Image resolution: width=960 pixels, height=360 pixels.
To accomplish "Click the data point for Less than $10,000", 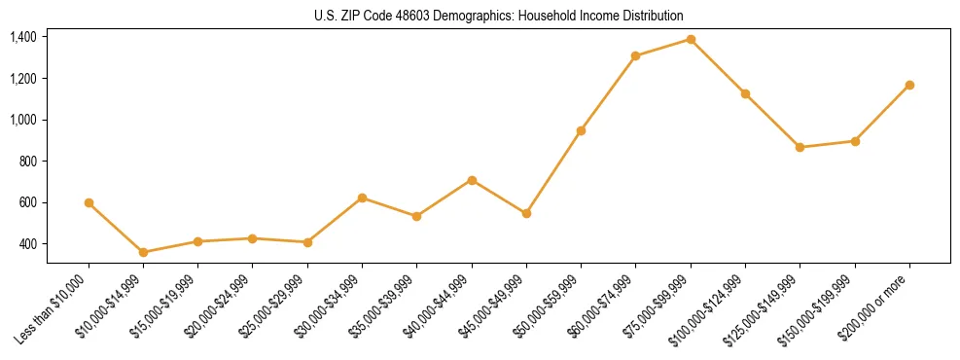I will tap(89, 202).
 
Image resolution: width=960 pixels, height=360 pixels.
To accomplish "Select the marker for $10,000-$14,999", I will tap(143, 252).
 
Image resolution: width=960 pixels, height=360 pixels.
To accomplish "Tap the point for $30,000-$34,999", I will tap(362, 198).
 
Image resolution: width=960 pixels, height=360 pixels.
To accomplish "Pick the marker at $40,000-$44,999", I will tap(472, 180).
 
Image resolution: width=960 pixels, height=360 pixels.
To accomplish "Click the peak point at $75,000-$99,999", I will tap(691, 39).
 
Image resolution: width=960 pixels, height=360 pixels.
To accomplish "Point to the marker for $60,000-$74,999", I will tap(635, 55).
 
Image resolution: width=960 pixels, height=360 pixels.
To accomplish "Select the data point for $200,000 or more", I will tap(909, 85).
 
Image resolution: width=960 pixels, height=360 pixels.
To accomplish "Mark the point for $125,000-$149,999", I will tap(800, 147).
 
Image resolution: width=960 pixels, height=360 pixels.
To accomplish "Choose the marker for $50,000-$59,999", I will tap(581, 130).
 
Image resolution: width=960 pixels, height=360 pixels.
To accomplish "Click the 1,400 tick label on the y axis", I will tap(23, 37).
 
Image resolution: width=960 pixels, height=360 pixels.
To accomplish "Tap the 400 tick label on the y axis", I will tap(27, 244).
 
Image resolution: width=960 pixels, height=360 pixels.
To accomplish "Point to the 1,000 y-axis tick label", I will tap(23, 120).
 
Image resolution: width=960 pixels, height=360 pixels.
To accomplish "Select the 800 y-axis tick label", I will tap(27, 162).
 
